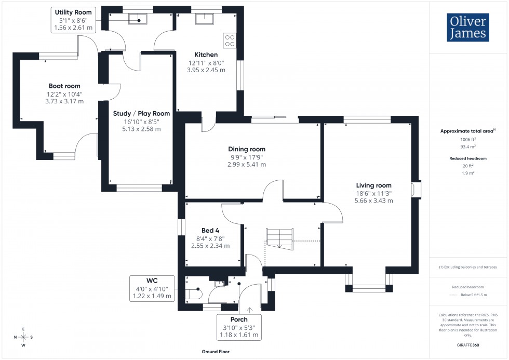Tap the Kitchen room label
(x=206, y=55)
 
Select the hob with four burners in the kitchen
(x=230, y=41)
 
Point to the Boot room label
(x=64, y=86)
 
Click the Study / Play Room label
(x=141, y=113)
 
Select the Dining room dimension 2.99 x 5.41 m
(x=246, y=164)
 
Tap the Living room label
(x=373, y=185)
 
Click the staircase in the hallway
(x=279, y=237)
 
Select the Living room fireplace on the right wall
(x=415, y=190)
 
